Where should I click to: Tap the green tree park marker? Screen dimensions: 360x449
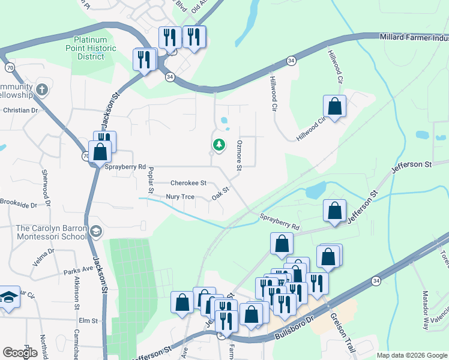219,145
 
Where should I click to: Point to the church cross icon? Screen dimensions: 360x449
41,90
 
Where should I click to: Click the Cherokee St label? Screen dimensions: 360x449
188,183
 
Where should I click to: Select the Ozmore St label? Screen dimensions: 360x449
239,155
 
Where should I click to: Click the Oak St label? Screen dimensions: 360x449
221,196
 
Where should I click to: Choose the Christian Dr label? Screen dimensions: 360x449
20,110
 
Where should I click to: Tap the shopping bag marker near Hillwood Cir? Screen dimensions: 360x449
335,107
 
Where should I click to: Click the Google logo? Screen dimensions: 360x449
20,353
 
